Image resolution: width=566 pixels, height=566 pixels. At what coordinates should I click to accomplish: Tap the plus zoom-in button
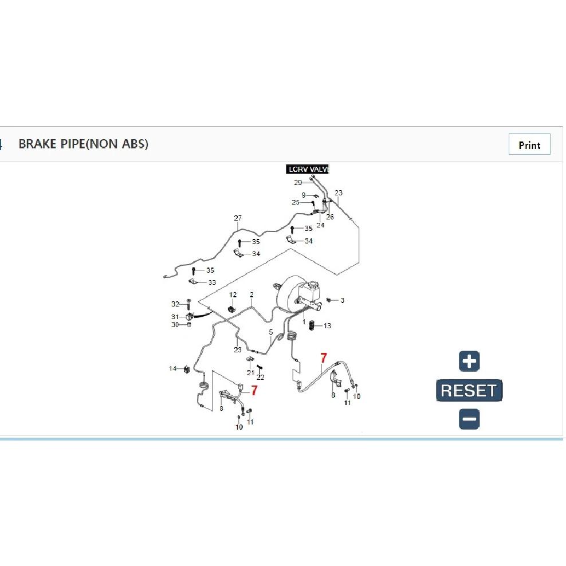pyautogui.click(x=469, y=361)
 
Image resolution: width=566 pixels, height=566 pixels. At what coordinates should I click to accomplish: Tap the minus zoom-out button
pyautogui.click(x=469, y=419)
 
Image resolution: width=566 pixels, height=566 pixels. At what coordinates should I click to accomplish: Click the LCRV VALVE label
pyautogui.click(x=308, y=169)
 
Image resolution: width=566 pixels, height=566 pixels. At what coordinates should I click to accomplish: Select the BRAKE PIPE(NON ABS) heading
pyautogui.click(x=84, y=144)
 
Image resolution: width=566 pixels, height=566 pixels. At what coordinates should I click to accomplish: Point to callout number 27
pyautogui.click(x=238, y=218)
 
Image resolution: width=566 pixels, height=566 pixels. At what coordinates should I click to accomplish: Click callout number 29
pyautogui.click(x=298, y=182)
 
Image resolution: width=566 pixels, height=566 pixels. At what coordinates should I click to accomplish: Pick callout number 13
pyautogui.click(x=327, y=325)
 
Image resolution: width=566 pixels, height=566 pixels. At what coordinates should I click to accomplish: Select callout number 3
pyautogui.click(x=342, y=300)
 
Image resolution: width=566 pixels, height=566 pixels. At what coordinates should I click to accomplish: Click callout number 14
pyautogui.click(x=172, y=368)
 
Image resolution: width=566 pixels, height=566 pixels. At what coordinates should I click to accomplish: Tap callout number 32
pyautogui.click(x=175, y=304)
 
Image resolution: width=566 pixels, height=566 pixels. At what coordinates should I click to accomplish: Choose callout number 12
pyautogui.click(x=233, y=295)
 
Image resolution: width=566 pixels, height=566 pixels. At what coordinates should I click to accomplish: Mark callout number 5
pyautogui.click(x=271, y=332)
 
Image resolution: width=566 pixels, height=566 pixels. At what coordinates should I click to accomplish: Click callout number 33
pyautogui.click(x=212, y=282)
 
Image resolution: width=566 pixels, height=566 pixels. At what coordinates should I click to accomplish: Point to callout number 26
pyautogui.click(x=330, y=217)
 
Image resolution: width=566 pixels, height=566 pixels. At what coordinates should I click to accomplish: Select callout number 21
pyautogui.click(x=250, y=372)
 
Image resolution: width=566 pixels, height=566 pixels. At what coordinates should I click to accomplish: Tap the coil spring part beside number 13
pyautogui.click(x=312, y=325)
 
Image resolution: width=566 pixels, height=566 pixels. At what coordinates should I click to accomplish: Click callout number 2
pyautogui.click(x=251, y=295)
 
